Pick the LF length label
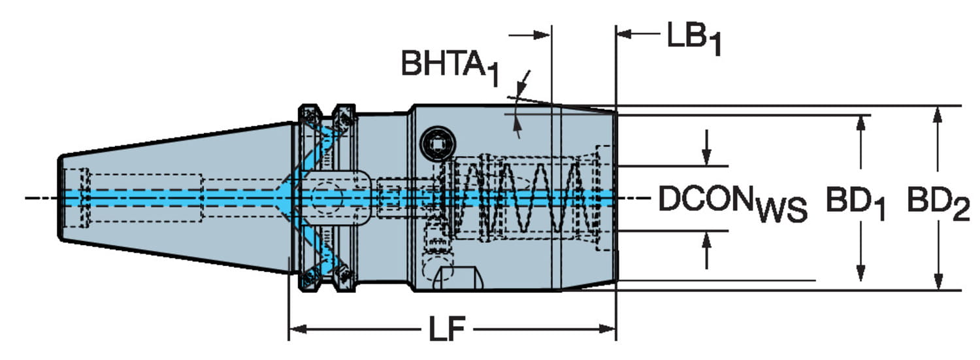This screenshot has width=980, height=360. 447,329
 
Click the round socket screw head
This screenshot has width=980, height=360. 438,144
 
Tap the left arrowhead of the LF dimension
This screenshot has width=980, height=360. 297,329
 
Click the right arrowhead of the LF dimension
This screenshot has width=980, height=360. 607,329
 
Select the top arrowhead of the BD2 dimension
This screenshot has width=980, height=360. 937,114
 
